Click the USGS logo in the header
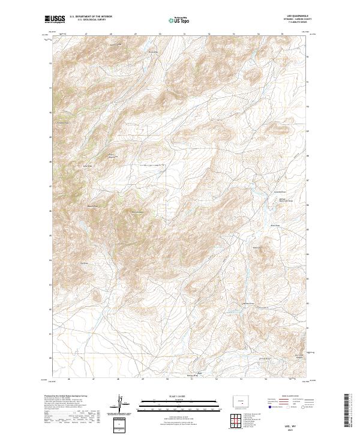click(55, 19)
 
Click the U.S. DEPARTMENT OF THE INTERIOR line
click(91, 16)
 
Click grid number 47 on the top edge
click(88, 35)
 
